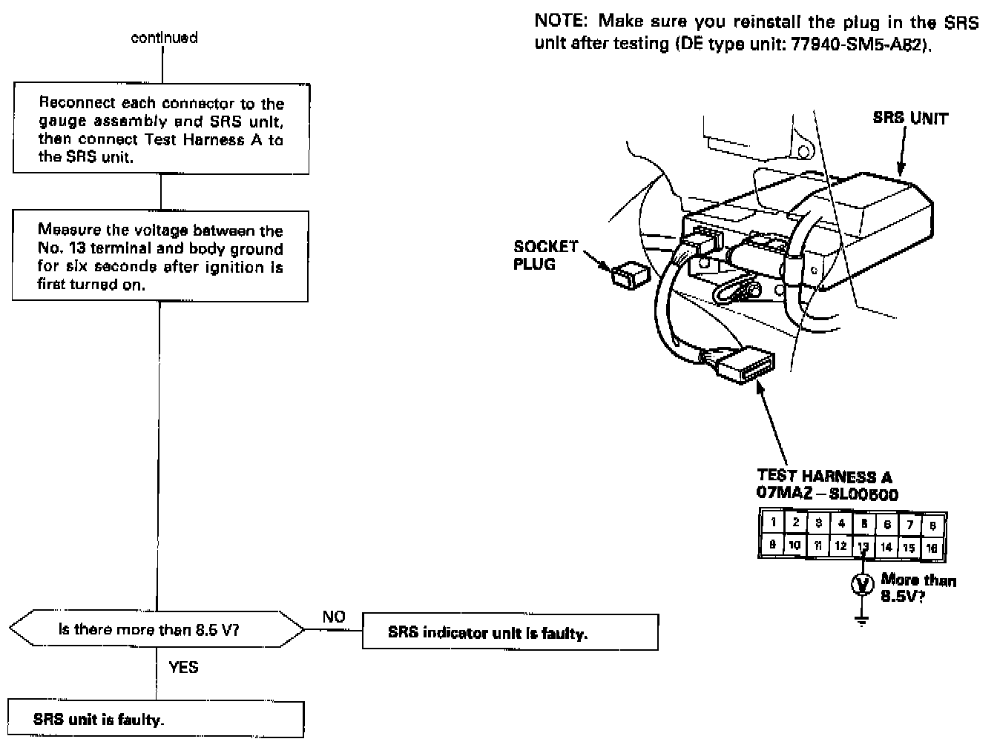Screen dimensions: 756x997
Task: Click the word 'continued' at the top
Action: pyautogui.click(x=164, y=38)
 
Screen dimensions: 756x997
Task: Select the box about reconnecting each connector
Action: pyautogui.click(x=161, y=130)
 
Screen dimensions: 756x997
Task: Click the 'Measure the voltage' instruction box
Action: pyautogui.click(x=160, y=256)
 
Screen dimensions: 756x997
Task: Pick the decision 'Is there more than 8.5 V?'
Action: pyautogui.click(x=157, y=630)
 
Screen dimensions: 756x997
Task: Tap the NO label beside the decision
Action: pyautogui.click(x=334, y=617)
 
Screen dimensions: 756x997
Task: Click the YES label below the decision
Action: pyautogui.click(x=183, y=667)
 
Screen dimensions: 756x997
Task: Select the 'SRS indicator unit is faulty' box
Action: pyautogui.click(x=510, y=633)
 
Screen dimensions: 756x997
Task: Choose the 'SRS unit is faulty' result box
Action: pyautogui.click(x=156, y=719)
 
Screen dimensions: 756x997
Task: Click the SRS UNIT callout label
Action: pyautogui.click(x=910, y=118)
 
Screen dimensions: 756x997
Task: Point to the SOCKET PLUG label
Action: pyautogui.click(x=544, y=255)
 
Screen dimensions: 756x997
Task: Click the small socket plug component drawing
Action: pyautogui.click(x=629, y=273)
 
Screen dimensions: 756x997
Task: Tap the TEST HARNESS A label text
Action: pyautogui.click(x=824, y=477)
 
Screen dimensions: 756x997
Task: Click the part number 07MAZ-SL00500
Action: pyautogui.click(x=827, y=494)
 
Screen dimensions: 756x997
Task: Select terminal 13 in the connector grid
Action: pyautogui.click(x=863, y=547)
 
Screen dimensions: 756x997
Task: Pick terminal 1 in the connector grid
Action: pyautogui.click(x=773, y=522)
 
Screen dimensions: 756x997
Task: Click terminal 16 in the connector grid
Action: pyautogui.click(x=932, y=548)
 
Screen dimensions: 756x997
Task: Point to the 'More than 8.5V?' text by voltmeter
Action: pyautogui.click(x=918, y=588)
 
